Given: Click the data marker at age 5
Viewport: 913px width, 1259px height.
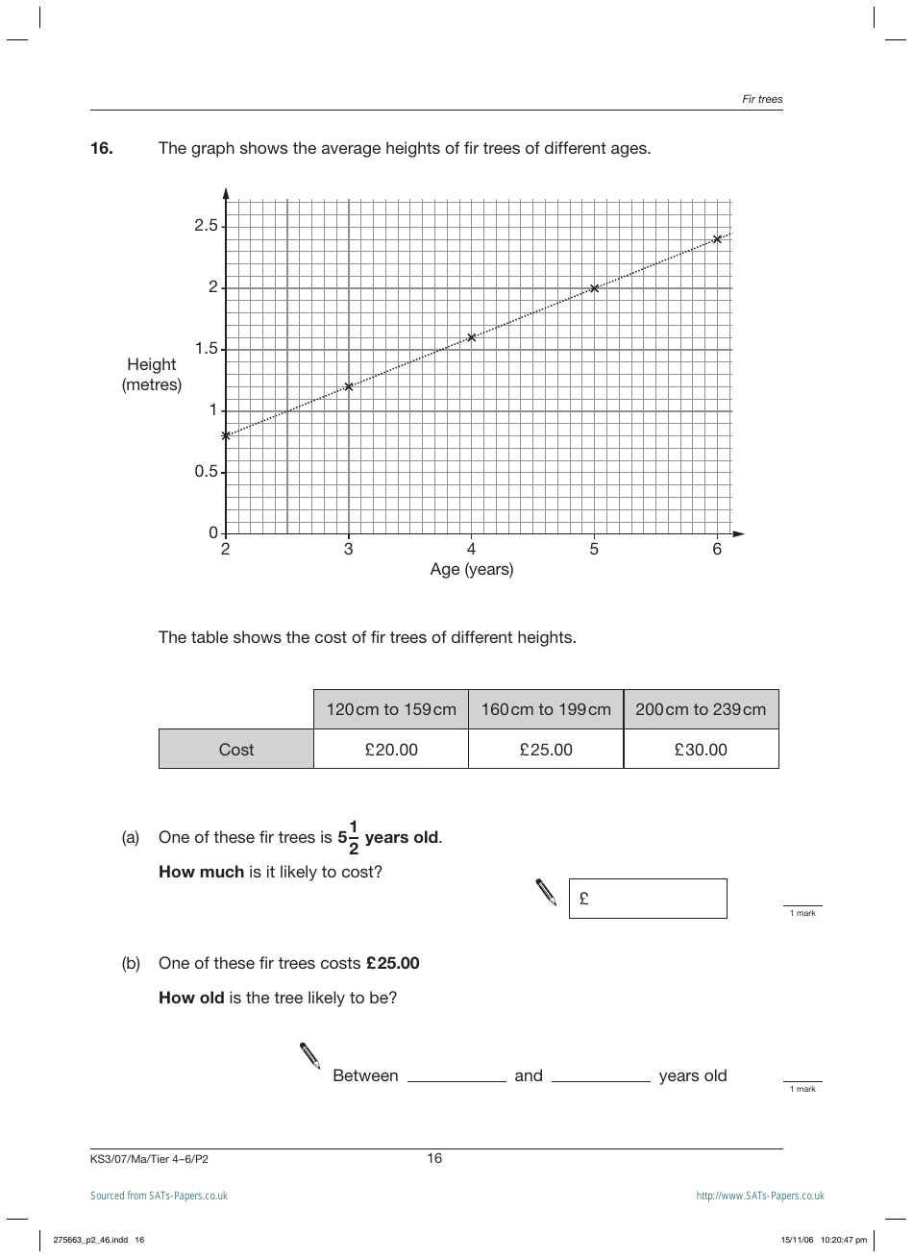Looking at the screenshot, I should point(594,288).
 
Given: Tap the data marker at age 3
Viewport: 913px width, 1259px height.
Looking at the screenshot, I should point(349,386).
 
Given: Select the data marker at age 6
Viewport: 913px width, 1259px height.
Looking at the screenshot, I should point(717,238).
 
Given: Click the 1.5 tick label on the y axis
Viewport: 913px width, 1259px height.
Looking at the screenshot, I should point(207,349).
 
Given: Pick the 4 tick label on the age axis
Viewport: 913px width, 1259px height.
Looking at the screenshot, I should point(471,550).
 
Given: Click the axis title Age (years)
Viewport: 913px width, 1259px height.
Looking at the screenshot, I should point(471,570).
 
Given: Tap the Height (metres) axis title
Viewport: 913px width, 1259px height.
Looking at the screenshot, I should point(152,375).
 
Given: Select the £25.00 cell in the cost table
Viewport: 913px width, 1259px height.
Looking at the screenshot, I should point(546,750).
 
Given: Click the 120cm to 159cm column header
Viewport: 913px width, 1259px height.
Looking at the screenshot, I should point(391,709).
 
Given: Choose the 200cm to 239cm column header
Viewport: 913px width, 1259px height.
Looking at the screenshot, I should point(701,709).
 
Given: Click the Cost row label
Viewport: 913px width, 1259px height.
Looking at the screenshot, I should point(236,750).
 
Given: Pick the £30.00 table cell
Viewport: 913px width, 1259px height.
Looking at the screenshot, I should point(701,750).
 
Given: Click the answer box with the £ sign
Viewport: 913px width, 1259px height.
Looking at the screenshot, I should point(648,899).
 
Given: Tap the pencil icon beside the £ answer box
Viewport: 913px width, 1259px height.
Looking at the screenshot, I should point(546,893).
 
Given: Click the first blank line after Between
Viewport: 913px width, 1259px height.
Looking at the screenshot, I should point(456,1075).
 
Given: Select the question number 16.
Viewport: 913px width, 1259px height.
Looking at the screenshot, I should point(102,148).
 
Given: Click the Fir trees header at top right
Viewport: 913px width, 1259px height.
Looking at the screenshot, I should point(762,99).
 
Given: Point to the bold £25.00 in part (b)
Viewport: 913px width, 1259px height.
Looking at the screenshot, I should point(393,963).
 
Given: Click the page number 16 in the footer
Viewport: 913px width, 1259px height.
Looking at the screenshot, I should point(434,1158).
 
